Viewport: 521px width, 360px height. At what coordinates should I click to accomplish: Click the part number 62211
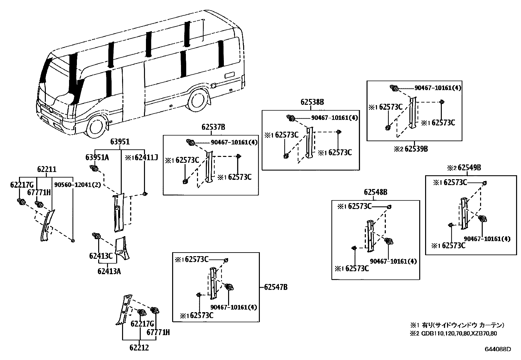click(46, 169)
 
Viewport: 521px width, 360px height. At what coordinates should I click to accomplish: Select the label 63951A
click(97, 158)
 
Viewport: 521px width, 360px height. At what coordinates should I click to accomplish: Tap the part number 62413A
click(109, 271)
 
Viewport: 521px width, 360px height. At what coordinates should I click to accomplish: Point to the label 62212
click(138, 348)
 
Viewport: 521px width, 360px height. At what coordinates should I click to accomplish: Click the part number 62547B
click(276, 287)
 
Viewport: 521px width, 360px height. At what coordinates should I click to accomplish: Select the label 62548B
click(375, 192)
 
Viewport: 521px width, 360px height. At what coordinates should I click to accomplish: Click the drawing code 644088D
click(497, 349)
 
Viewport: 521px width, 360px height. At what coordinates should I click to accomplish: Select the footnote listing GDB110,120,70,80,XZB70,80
click(458, 334)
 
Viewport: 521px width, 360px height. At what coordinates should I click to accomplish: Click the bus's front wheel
click(97, 127)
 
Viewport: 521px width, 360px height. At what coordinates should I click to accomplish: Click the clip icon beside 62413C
click(97, 236)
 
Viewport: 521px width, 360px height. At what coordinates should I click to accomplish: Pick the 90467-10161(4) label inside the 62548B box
click(393, 261)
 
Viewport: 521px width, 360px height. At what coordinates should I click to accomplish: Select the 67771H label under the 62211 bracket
click(39, 192)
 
